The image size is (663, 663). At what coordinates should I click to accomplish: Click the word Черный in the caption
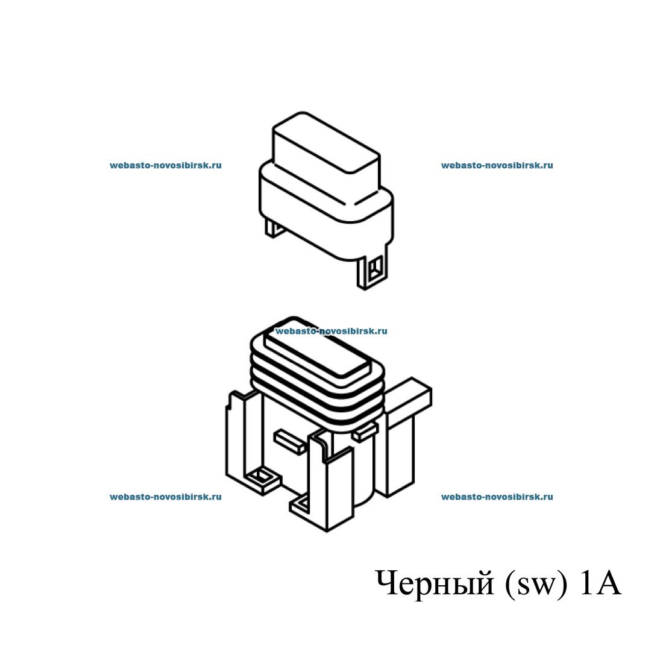pos(434,584)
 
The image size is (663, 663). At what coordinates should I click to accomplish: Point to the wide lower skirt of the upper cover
pos(326,212)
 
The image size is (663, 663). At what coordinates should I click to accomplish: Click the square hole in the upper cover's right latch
pos(375,268)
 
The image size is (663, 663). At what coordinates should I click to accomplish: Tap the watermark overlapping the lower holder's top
pos(331,331)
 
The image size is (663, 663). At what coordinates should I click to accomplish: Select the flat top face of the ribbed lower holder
pos(317,353)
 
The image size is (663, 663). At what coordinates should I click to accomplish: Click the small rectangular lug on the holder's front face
pos(289,441)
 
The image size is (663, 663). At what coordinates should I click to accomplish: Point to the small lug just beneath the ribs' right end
pos(365,433)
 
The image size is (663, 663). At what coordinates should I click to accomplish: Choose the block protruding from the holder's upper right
pos(409,393)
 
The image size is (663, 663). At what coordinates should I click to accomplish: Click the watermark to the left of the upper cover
pos(165,165)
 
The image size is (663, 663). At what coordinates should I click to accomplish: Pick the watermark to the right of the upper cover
pos(497,165)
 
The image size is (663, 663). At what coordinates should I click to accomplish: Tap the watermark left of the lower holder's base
pos(165,497)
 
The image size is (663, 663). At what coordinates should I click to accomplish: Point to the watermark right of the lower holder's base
pos(497,497)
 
